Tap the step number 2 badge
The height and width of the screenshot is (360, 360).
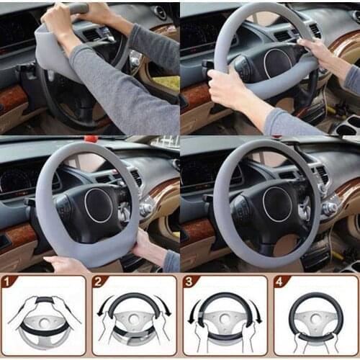[99, 281]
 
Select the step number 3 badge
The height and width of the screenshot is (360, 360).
[189, 281]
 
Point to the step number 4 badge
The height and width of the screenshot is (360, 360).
[279, 281]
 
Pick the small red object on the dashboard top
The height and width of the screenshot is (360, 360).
[91, 138]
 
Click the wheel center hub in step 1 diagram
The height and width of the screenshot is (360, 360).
[45, 317]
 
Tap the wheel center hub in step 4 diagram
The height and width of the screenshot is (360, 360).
[316, 318]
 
